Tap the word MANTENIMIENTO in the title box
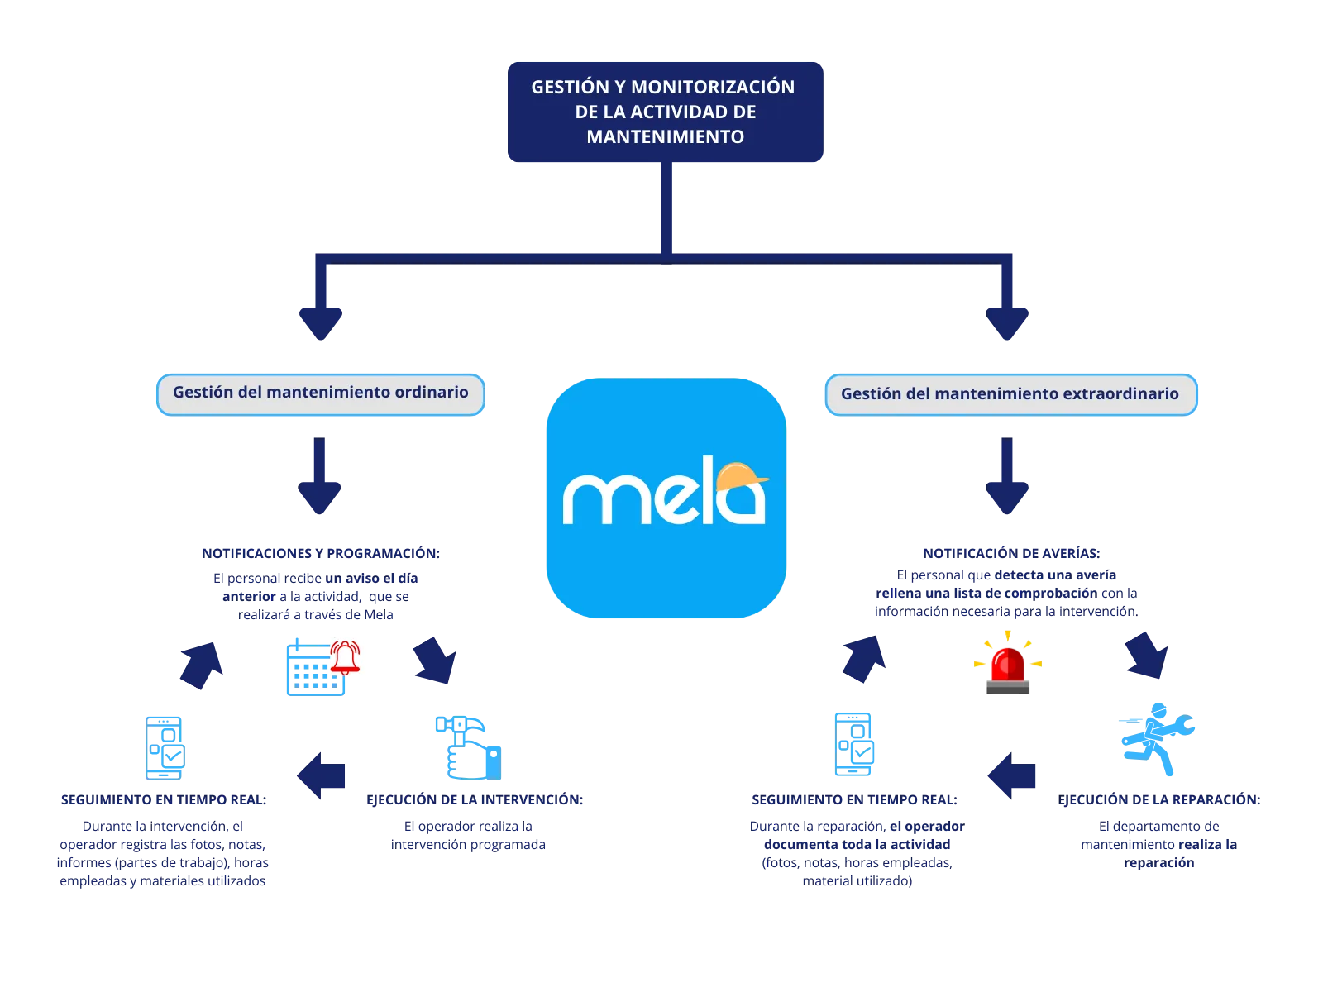pyautogui.click(x=665, y=136)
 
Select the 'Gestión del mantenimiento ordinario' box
pyautogui.click(x=320, y=393)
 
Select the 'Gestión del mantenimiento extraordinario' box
pyautogui.click(x=1010, y=393)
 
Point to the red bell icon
pyautogui.click(x=346, y=658)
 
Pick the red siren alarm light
pyautogui.click(x=1008, y=661)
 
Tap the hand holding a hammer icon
pyautogui.click(x=469, y=747)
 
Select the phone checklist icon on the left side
pyautogui.click(x=165, y=747)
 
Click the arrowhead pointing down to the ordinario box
pyautogui.click(x=320, y=321)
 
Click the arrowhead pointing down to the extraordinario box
pyautogui.click(x=1007, y=321)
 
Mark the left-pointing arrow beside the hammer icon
pyautogui.click(x=322, y=775)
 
